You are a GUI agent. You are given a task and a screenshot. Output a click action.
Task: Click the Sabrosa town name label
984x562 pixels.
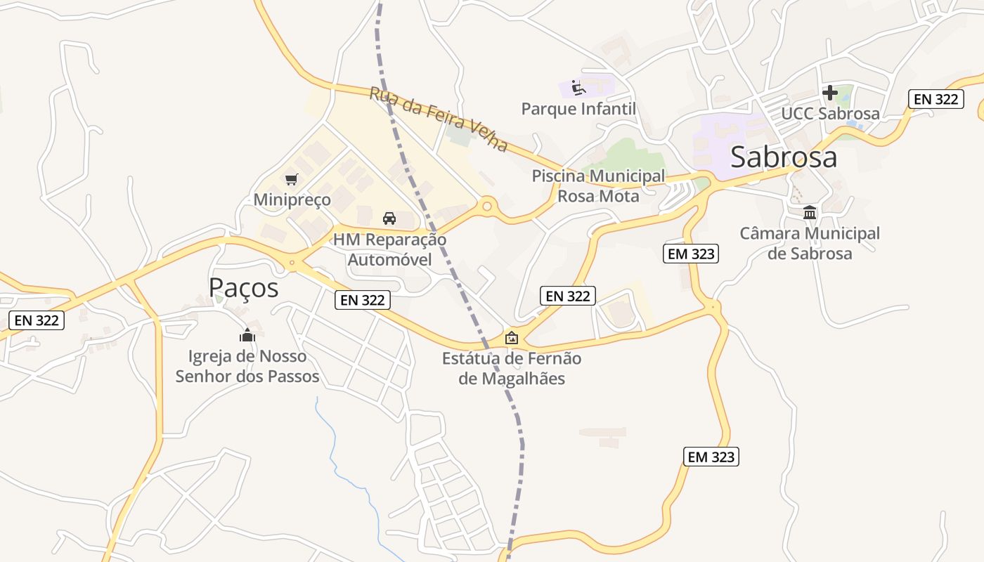coord(784,157)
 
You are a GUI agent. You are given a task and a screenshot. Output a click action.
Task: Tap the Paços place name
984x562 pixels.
coord(243,287)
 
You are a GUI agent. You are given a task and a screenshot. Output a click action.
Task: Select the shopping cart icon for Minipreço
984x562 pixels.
coord(292,179)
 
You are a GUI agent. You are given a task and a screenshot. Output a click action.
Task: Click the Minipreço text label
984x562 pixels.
coord(292,200)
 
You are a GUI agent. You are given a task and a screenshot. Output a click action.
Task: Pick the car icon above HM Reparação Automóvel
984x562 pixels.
coord(389,218)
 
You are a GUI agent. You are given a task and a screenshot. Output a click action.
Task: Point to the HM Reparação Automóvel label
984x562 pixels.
coord(389,249)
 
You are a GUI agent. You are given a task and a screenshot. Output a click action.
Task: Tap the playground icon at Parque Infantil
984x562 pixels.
coord(578,88)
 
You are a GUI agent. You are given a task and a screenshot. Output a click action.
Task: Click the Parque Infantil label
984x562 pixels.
coord(578,109)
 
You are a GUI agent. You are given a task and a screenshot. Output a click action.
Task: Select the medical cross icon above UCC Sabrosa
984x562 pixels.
coord(830,92)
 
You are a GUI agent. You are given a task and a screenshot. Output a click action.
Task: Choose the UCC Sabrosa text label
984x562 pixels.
coord(830,113)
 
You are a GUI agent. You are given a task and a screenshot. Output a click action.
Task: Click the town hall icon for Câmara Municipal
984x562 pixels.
coord(810,212)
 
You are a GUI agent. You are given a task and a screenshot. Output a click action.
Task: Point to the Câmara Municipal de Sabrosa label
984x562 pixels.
coord(810,243)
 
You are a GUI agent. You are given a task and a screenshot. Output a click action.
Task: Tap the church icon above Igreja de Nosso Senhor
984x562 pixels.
coord(247,335)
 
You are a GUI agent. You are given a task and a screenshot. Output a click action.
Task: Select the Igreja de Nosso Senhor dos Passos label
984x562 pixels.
coord(247,366)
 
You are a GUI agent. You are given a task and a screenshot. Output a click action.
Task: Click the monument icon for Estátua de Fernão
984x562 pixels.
coord(512,338)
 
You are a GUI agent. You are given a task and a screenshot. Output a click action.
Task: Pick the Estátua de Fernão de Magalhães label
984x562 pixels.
coord(512,368)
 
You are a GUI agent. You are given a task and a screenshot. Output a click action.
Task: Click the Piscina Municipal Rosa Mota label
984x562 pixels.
coord(598,186)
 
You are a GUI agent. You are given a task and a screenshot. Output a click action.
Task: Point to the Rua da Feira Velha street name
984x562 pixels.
coord(439,119)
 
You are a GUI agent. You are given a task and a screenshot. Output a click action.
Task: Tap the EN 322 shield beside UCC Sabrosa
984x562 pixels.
coord(935,99)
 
